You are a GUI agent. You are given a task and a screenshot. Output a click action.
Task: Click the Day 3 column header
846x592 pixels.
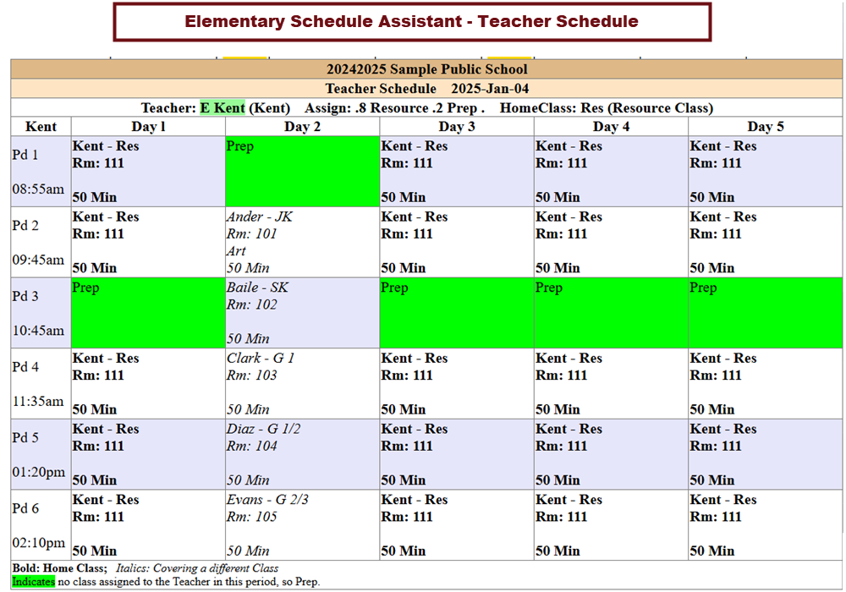[457, 127]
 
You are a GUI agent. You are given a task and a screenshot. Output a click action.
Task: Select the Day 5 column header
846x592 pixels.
[765, 127]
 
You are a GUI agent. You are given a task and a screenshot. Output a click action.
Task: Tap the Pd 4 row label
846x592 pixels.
[26, 367]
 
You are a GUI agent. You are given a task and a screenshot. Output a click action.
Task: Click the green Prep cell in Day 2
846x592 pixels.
[302, 172]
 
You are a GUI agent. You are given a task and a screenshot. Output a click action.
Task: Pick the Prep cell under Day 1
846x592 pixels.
[148, 313]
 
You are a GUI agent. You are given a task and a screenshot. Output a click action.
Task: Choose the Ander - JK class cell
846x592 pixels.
[302, 242]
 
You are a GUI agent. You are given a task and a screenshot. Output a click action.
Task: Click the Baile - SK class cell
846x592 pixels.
[302, 313]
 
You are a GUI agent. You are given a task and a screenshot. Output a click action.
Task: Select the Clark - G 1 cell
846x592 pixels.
[302, 383]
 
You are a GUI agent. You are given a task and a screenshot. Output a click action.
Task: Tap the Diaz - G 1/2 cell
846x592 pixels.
[302, 454]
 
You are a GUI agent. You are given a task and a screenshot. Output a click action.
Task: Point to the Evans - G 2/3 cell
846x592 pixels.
[302, 524]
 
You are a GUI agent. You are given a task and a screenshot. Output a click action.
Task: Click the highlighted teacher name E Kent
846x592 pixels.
[222, 107]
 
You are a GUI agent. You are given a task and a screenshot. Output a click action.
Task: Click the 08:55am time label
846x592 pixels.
[38, 189]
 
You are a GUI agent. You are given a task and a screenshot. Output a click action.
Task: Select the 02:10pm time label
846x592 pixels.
[38, 543]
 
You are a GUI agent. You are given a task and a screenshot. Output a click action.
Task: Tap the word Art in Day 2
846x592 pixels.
[236, 251]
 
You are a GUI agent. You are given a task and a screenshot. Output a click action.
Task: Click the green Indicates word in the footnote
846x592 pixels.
[33, 582]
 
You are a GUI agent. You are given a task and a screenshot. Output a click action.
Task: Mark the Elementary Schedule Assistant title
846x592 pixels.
[411, 21]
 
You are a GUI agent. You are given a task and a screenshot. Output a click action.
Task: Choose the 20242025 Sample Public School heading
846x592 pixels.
[426, 69]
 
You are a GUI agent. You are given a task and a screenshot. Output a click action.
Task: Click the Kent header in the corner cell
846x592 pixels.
[41, 127]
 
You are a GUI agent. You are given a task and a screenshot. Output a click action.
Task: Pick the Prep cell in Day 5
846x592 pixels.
[765, 313]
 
